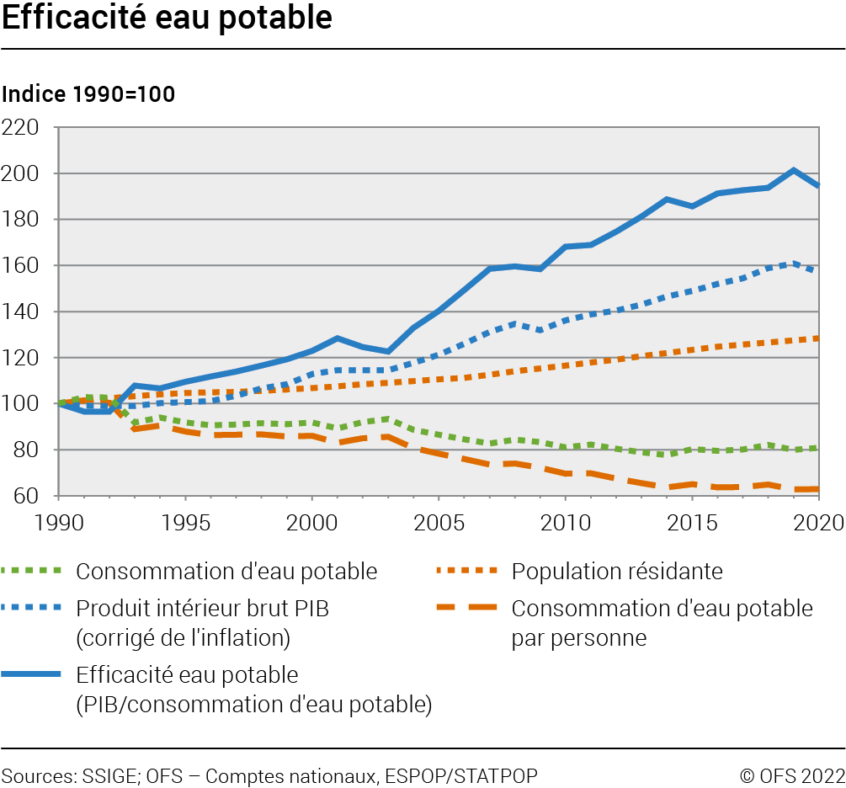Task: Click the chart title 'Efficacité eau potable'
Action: click(167, 19)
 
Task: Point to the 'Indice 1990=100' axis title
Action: click(88, 94)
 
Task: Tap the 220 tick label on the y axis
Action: click(23, 128)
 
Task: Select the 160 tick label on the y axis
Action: click(23, 266)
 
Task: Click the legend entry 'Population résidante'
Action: click(617, 572)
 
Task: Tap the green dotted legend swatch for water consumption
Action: click(34, 572)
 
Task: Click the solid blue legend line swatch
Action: click(34, 675)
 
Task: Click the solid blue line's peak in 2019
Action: click(793, 170)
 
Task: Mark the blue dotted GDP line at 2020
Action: click(817, 270)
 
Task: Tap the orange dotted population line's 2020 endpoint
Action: click(817, 338)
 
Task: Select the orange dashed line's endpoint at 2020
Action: click(817, 488)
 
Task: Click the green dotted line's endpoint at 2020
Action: click(817, 448)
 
